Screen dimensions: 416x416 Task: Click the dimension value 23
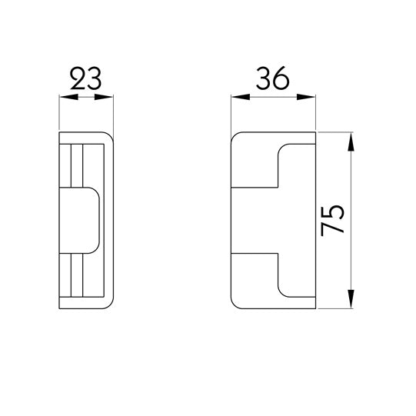point(86,79)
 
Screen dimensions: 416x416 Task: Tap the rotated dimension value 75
point(334,221)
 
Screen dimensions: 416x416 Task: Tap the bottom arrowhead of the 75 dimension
point(352,301)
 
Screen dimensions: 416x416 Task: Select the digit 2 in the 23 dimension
point(77,79)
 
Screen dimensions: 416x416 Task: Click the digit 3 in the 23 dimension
point(95,79)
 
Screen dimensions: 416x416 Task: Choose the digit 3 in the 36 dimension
point(264,79)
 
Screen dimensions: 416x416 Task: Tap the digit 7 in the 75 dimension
point(334,230)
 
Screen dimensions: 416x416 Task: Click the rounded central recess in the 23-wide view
point(82,219)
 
